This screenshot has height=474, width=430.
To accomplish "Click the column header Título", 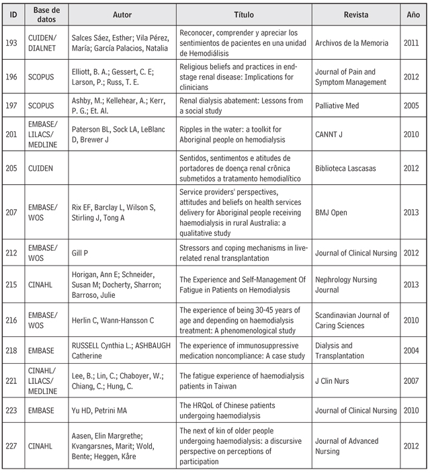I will [x=244, y=14].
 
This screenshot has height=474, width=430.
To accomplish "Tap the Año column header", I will [x=413, y=14].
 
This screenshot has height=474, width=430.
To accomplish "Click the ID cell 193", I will [x=14, y=43].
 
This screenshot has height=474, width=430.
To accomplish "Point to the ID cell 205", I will [x=14, y=167].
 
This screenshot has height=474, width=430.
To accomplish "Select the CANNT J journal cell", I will [x=331, y=134].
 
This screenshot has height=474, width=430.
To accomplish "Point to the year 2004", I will [x=413, y=351].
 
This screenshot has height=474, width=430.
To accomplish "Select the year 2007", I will [x=413, y=381].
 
